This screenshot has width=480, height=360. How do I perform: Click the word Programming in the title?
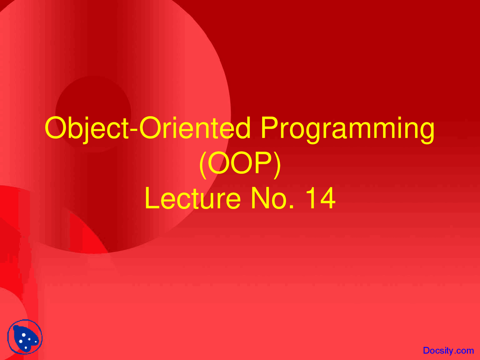(x=348, y=129)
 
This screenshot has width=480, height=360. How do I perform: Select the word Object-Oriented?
(x=147, y=129)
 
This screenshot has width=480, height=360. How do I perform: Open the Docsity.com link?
(x=448, y=351)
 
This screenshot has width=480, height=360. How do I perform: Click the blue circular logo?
(x=25, y=337)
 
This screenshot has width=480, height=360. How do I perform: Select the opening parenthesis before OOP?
(x=202, y=164)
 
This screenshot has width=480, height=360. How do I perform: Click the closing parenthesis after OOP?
(x=277, y=164)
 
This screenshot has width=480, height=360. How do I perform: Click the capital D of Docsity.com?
(x=426, y=351)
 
